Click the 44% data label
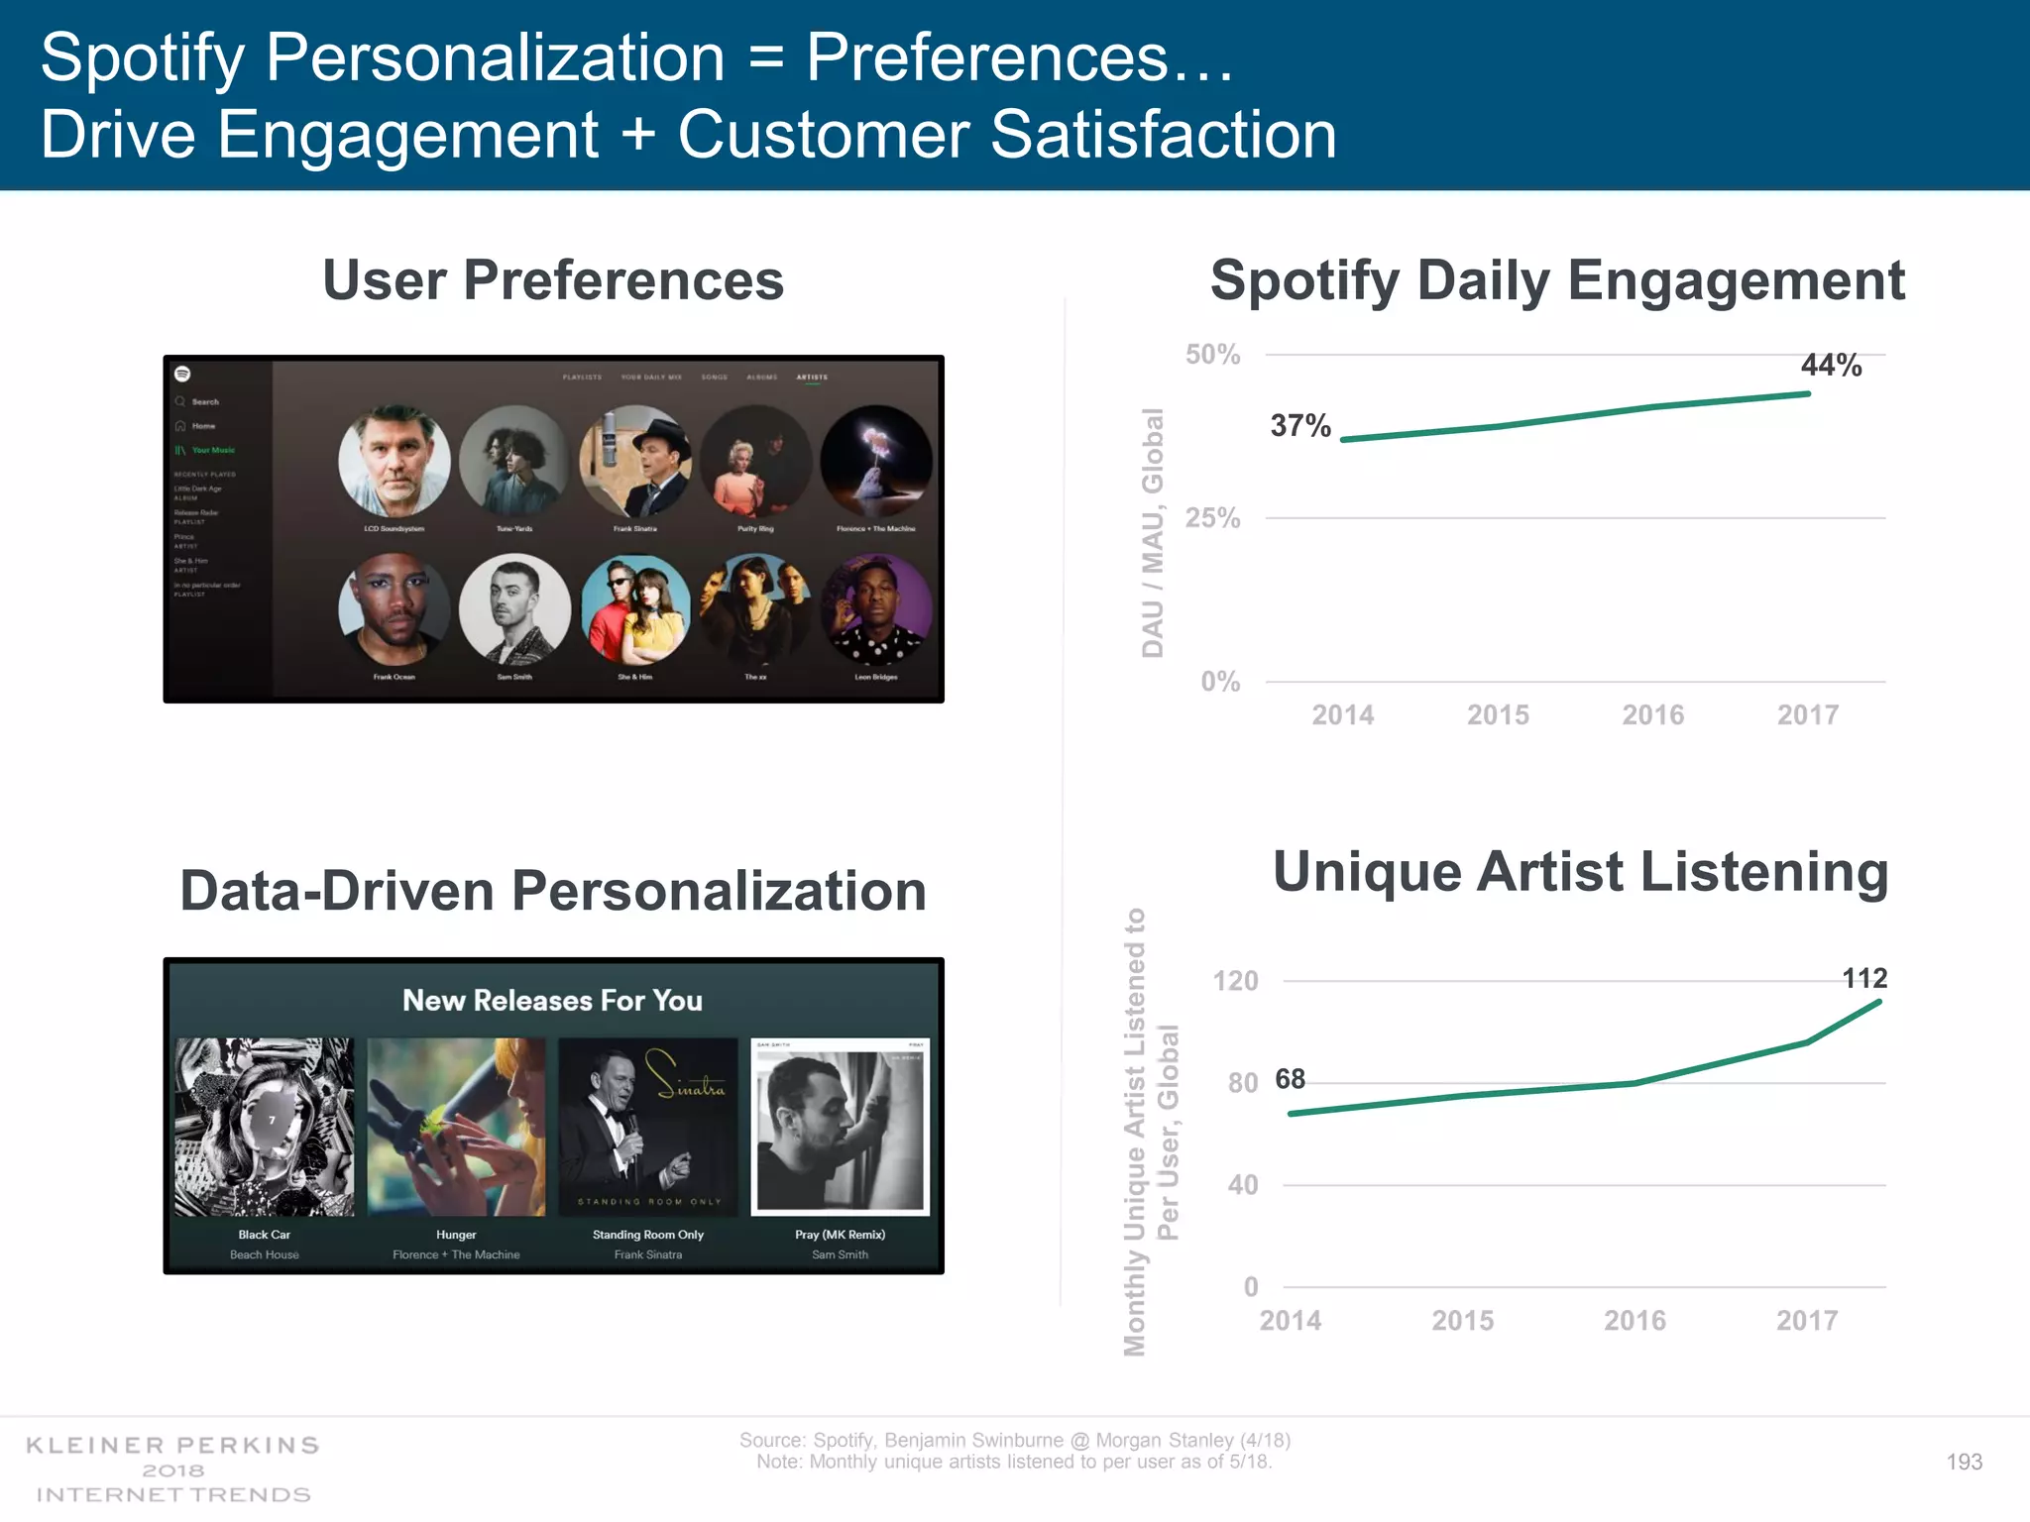pyautogui.click(x=1831, y=366)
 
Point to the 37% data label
pyautogui.click(x=1300, y=426)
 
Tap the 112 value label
pyautogui.click(x=1863, y=979)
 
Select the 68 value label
pyautogui.click(x=1290, y=1079)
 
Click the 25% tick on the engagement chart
pyautogui.click(x=1212, y=518)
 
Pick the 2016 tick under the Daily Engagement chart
pyautogui.click(x=1652, y=714)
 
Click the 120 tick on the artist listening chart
pyautogui.click(x=1235, y=981)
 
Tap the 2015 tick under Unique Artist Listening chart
pyautogui.click(x=1462, y=1320)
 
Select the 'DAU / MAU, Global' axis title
pyautogui.click(x=1152, y=532)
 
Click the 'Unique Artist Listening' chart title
pyautogui.click(x=1580, y=872)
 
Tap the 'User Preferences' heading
pyautogui.click(x=553, y=280)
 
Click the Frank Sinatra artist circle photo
pyautogui.click(x=635, y=461)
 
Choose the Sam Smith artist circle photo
pyautogui.click(x=514, y=608)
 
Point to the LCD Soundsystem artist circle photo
pyautogui.click(x=394, y=461)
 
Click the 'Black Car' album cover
pyautogui.click(x=265, y=1127)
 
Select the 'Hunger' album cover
pyautogui.click(x=456, y=1127)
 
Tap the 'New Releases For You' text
pyautogui.click(x=552, y=1001)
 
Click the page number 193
pyautogui.click(x=1964, y=1462)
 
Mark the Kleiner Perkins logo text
pyautogui.click(x=172, y=1446)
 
